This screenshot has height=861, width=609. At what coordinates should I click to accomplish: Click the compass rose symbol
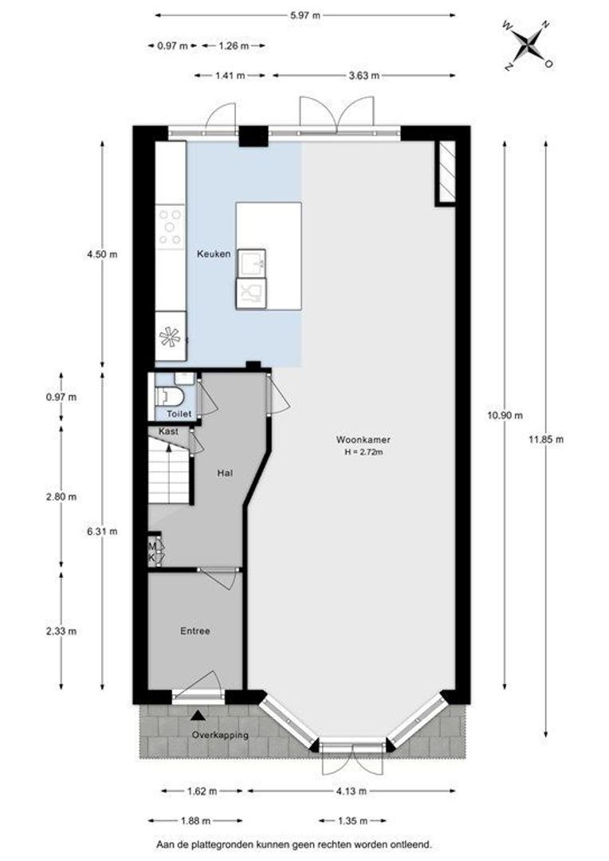pyautogui.click(x=528, y=45)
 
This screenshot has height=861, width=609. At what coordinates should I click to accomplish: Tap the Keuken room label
pyautogui.click(x=214, y=254)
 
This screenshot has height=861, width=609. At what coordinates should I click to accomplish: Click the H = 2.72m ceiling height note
pyautogui.click(x=363, y=453)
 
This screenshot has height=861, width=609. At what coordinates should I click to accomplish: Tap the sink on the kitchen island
pyautogui.click(x=252, y=264)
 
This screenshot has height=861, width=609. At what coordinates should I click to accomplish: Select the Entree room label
pyautogui.click(x=195, y=631)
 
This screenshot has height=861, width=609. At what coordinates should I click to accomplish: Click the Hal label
pyautogui.click(x=225, y=472)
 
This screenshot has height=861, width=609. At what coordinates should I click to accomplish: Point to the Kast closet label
pyautogui.click(x=168, y=431)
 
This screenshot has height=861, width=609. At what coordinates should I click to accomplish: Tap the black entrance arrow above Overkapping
pyautogui.click(x=198, y=715)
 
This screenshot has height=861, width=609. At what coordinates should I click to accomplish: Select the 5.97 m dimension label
pyautogui.click(x=304, y=15)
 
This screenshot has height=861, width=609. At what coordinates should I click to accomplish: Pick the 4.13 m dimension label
pyautogui.click(x=352, y=792)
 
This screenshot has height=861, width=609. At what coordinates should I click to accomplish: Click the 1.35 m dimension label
pyautogui.click(x=352, y=821)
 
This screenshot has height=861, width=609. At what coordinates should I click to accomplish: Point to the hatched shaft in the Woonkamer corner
pyautogui.click(x=446, y=173)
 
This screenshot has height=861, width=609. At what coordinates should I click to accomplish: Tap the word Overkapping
pyautogui.click(x=220, y=735)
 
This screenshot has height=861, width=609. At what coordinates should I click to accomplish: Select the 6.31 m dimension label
pyautogui.click(x=102, y=532)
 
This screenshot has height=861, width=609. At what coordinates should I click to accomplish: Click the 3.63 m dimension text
pyautogui.click(x=364, y=76)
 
